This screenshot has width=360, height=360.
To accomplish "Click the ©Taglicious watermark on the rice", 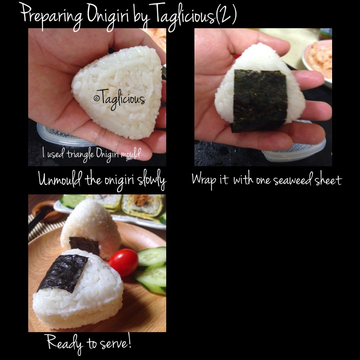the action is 120,99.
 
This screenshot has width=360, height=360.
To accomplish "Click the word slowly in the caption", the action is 151,180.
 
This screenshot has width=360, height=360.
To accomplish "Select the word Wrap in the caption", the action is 204,180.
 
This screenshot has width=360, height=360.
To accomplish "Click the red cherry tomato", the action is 124,262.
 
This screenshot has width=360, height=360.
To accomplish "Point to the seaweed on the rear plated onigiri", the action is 84,245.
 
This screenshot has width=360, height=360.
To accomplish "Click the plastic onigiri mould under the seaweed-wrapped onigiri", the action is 293,149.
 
